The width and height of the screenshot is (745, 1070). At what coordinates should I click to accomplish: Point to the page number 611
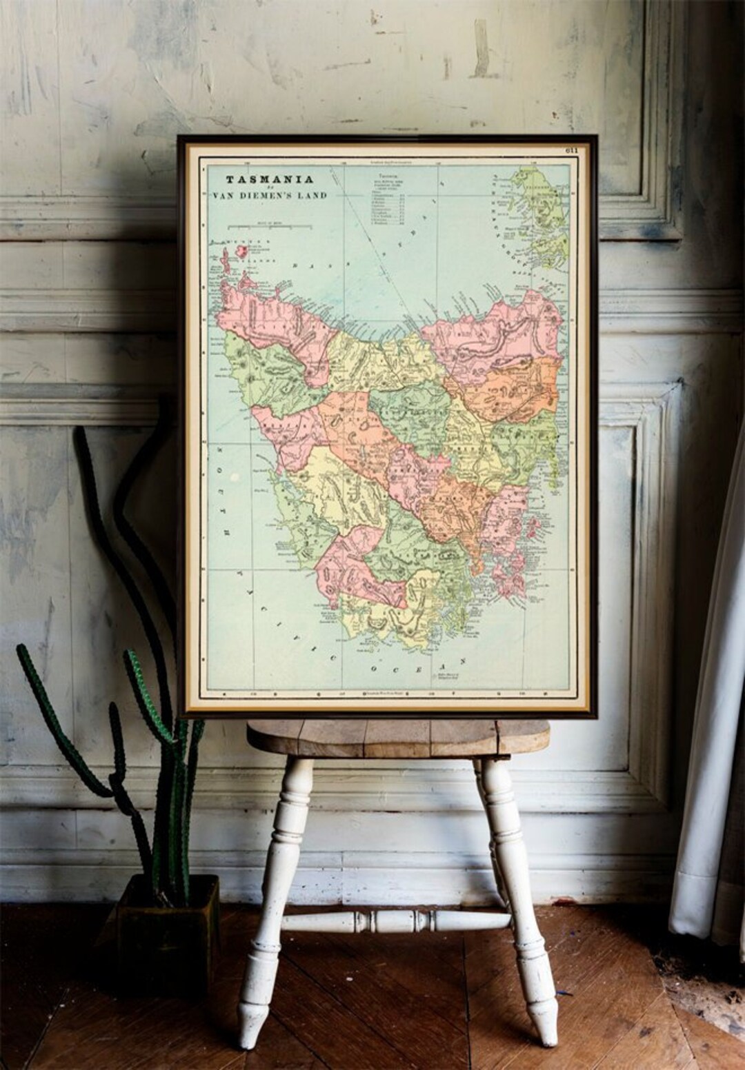tap(571, 150)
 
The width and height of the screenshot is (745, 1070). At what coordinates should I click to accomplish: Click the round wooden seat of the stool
tap(398, 739)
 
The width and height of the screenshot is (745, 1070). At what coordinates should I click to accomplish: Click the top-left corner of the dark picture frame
tap(180, 138)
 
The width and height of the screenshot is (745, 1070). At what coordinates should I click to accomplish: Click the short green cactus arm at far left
tap(48, 710)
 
